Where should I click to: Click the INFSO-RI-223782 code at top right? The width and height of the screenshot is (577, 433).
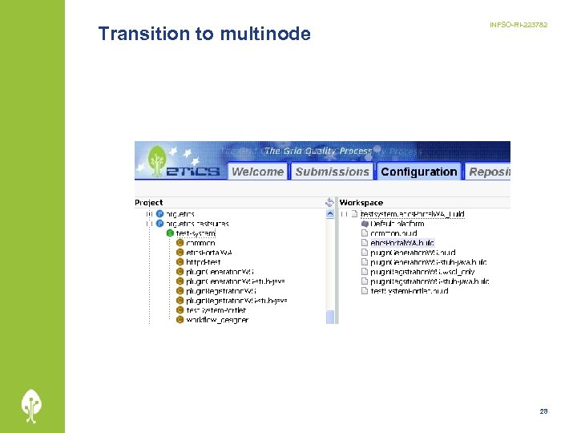click(x=518, y=26)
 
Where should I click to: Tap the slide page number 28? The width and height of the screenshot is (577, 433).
click(x=543, y=411)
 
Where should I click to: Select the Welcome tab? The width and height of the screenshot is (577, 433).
click(x=257, y=172)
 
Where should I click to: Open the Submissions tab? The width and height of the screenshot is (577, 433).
click(x=332, y=172)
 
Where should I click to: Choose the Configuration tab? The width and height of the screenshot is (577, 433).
click(x=419, y=172)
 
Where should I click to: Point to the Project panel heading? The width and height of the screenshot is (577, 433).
click(x=149, y=203)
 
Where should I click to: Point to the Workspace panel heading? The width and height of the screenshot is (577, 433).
click(x=361, y=203)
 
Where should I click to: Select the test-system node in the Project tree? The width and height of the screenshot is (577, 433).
click(x=196, y=233)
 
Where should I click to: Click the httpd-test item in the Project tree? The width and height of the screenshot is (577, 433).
click(x=204, y=262)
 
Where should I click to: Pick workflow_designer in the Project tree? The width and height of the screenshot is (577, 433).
click(x=216, y=320)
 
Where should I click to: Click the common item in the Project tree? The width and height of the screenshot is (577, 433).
click(x=200, y=243)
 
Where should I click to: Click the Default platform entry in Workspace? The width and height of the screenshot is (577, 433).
click(x=397, y=224)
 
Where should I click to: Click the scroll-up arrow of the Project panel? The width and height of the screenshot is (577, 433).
click(x=330, y=214)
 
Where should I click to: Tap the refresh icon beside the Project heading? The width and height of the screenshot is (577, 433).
click(x=329, y=203)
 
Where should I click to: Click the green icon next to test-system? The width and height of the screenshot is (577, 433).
click(x=170, y=233)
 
